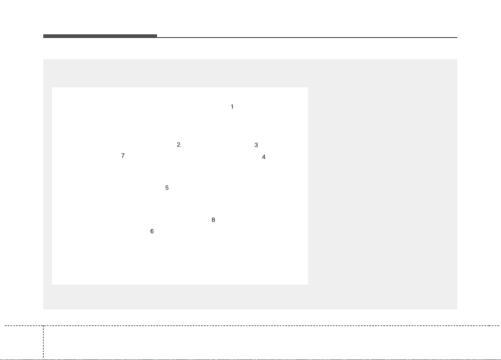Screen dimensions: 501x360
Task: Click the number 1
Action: pos(232,107)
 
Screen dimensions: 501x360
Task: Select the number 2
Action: pos(178,144)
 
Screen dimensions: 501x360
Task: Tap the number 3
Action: pos(256,145)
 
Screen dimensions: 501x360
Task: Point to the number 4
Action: pos(264,157)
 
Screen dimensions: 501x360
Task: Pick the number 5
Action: pos(167,187)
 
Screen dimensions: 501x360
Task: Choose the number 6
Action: pos(152,231)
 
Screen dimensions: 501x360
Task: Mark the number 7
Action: pos(123,156)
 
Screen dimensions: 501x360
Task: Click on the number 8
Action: pos(213,220)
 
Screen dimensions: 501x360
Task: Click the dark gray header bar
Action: pos(100,36)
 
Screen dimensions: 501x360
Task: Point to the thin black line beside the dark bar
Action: pos(307,37)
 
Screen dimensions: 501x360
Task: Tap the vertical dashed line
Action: pos(43,342)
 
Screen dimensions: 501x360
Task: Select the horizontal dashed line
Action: pos(252,326)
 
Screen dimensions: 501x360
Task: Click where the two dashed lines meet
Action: pos(43,326)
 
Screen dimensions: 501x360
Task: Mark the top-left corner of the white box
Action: pos(52,87)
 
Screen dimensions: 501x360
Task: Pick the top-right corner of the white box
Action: pos(308,87)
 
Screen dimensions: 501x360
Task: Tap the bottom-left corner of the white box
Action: pos(52,285)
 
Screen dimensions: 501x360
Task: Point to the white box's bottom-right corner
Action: pos(308,285)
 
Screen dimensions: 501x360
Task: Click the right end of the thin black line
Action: pos(457,37)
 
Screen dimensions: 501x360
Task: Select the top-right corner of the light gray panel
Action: pos(457,59)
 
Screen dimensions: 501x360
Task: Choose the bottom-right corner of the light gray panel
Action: pos(457,309)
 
